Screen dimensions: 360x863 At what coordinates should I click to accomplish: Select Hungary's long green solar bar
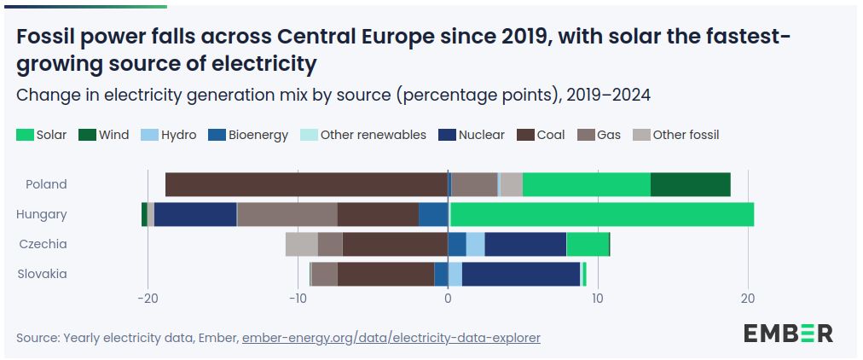601,214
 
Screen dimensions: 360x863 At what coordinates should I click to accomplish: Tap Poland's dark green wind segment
690,184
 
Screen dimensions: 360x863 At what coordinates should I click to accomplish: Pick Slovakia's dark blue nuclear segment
520,274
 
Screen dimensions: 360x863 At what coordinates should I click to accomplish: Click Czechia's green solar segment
588,244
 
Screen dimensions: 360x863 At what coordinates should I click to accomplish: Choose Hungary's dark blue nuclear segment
195,214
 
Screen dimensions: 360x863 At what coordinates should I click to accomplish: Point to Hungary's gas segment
287,214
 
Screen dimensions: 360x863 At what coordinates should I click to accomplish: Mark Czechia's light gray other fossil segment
301,244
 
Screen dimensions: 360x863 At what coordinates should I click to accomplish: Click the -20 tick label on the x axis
148,299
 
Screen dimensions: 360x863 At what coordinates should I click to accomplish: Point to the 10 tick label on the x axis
598,299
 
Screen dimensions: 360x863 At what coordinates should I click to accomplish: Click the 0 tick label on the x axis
448,299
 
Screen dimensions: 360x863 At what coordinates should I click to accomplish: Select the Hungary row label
42,214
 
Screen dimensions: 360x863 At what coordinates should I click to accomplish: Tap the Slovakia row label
43,274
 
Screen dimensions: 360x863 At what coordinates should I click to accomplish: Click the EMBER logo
788,333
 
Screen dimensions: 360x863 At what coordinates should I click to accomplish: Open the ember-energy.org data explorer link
391,338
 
